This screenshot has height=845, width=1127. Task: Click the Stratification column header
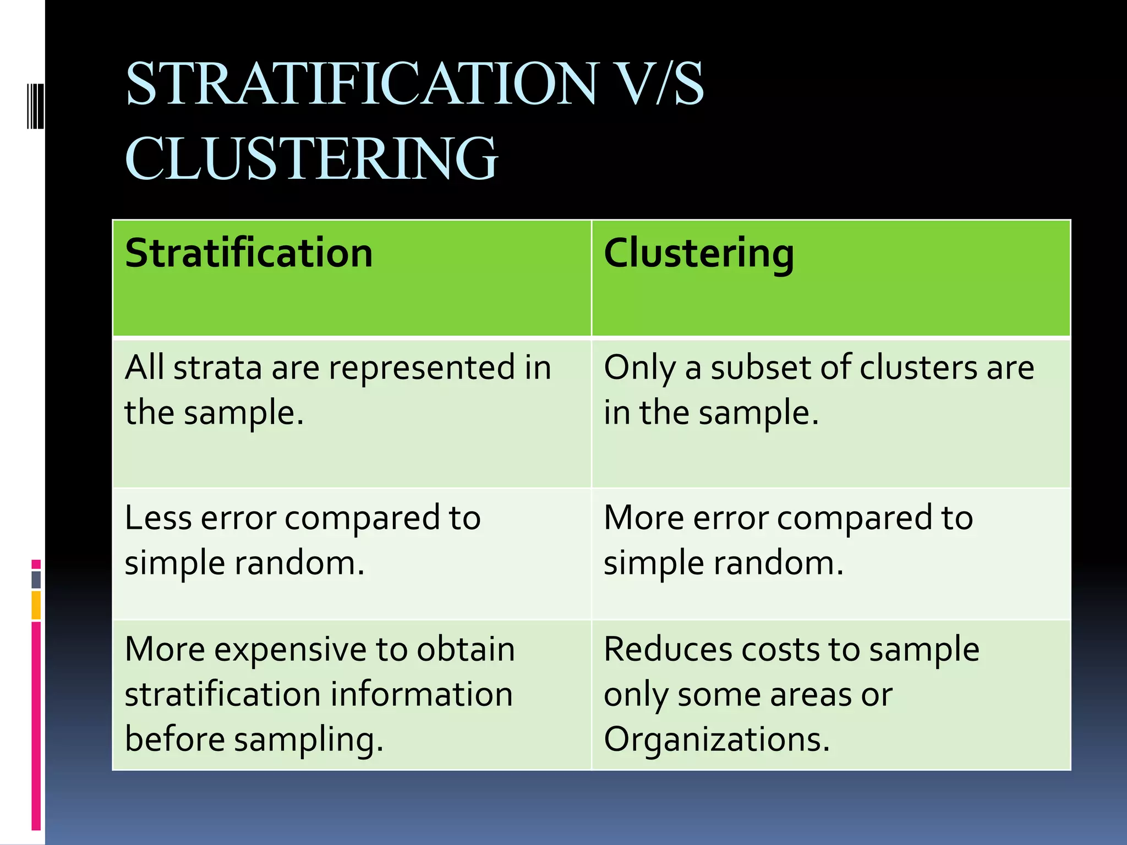(249, 254)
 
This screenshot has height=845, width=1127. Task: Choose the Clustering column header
(699, 254)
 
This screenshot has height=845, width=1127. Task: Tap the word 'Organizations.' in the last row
(716, 739)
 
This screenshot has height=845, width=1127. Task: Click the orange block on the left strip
(36, 605)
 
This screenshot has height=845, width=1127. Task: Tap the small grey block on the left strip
(36, 580)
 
